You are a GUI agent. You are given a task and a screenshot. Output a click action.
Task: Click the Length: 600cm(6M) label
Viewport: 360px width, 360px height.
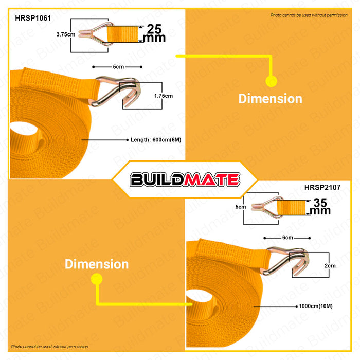152,139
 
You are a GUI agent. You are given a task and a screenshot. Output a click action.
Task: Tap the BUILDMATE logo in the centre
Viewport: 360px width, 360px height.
185,179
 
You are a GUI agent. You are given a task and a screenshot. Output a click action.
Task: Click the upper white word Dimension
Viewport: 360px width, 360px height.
270,99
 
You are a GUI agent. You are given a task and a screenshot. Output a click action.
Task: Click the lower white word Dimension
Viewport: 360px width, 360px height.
97,264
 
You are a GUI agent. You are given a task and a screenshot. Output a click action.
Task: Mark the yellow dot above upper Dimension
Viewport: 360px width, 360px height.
271,81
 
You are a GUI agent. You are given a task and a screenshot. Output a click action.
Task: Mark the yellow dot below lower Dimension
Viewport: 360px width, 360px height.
96,279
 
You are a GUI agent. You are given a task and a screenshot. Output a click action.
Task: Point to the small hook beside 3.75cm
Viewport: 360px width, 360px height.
101,35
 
